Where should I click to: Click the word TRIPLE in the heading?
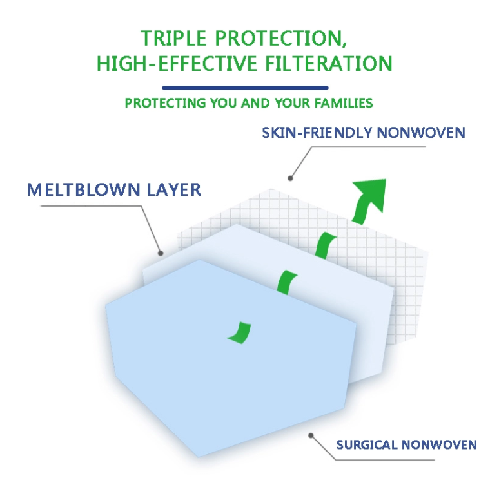click(173, 38)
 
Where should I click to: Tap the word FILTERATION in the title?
click(329, 63)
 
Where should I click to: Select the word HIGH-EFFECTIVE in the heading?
click(177, 63)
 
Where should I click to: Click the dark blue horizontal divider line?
click(245, 88)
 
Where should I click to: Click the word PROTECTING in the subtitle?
click(165, 103)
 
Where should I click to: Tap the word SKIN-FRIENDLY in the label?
click(317, 133)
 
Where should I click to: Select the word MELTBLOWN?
click(84, 189)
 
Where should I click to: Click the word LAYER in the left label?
click(174, 189)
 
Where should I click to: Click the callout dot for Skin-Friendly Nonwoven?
click(290, 178)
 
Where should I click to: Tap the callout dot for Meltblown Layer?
click(161, 253)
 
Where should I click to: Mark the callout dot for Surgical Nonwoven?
click(311, 435)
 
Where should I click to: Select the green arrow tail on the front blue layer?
click(240, 333)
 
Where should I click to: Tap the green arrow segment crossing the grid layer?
click(325, 245)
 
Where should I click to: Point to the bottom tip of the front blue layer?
click(199, 457)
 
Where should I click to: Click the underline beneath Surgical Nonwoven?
click(385, 459)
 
